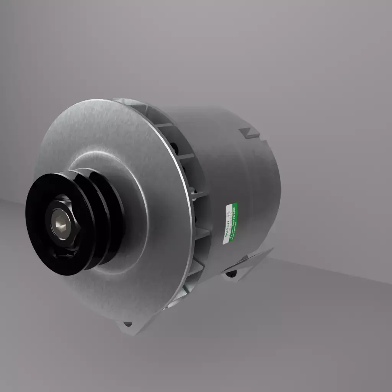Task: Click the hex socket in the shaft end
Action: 60,224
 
